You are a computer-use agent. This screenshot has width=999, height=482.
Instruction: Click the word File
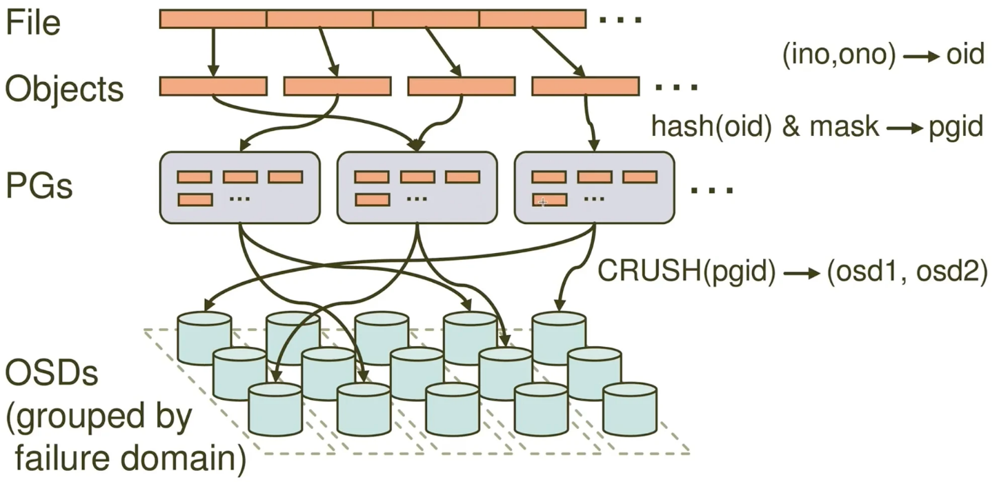point(33,23)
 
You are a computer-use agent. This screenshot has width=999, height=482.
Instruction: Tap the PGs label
point(39,186)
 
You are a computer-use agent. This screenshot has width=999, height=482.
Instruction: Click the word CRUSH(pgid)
point(687,271)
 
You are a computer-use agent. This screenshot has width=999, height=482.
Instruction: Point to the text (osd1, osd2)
point(907,271)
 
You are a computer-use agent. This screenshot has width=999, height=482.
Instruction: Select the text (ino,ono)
point(839,55)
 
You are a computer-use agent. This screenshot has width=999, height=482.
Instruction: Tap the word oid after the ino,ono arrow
point(966,54)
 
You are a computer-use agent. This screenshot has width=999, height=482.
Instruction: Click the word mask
point(844,126)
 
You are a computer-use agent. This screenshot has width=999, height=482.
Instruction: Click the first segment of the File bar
point(213,19)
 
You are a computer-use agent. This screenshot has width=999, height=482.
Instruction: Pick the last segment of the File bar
point(533,19)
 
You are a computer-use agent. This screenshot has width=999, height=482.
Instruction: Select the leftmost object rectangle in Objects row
point(213,86)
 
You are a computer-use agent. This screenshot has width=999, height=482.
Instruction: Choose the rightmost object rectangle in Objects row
point(586,86)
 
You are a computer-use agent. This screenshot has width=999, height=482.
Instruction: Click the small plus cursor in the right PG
point(542,203)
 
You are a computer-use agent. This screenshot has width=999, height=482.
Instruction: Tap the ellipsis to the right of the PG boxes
point(712,190)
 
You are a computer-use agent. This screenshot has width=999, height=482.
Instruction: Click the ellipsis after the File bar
point(620,19)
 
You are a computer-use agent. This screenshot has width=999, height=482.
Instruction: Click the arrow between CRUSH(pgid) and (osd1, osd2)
point(802,273)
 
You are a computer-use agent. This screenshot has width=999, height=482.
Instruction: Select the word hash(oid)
point(711,127)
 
